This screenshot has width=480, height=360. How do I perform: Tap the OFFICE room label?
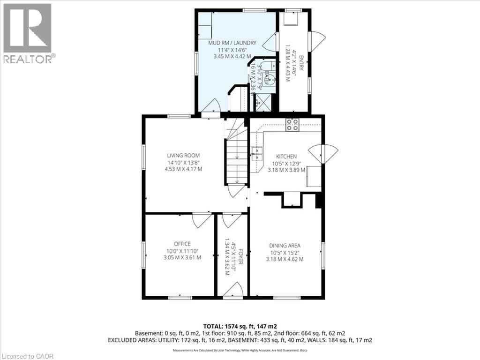click(182, 244)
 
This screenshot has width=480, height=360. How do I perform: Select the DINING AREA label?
click(285, 245)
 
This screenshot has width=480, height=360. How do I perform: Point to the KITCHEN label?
click(286, 157)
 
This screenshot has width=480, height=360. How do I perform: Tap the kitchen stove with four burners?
click(293, 124)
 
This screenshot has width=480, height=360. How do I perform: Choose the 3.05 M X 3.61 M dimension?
click(182, 257)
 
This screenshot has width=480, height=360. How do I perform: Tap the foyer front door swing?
click(233, 290)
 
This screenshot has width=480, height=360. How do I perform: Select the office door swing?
click(202, 220)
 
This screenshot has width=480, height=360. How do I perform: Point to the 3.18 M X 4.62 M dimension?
click(285, 259)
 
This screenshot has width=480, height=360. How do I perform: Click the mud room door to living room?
click(211, 106)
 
